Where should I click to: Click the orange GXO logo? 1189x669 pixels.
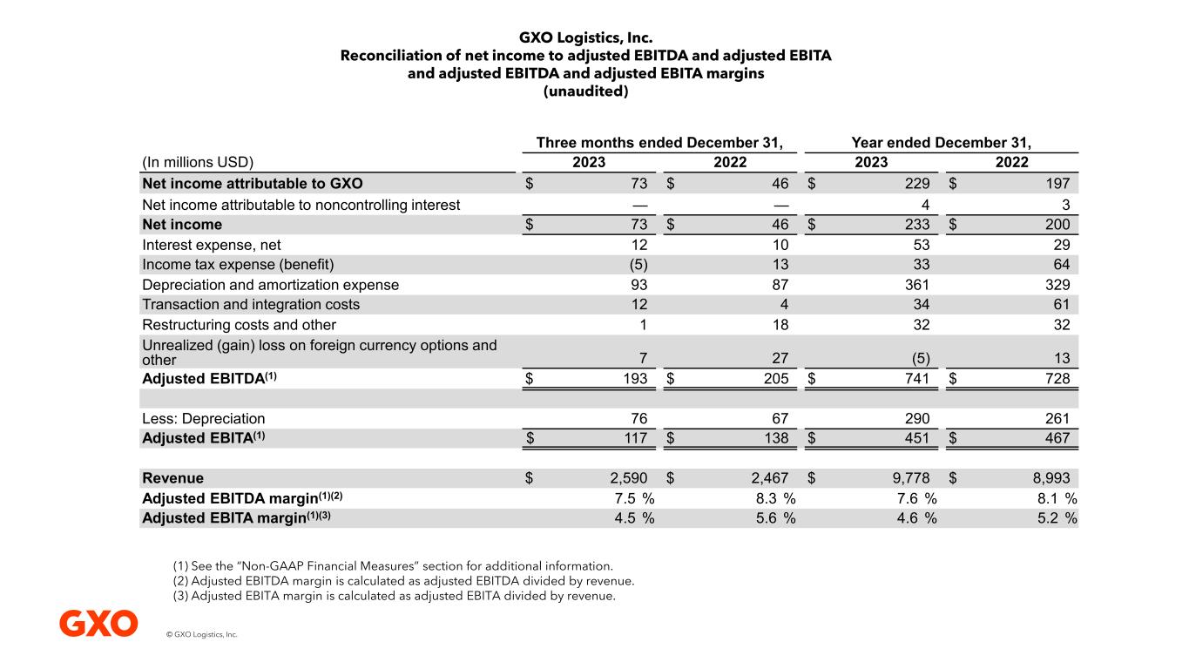click(x=98, y=624)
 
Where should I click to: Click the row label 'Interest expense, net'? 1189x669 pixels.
click(x=212, y=245)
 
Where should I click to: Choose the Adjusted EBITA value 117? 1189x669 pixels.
click(x=635, y=438)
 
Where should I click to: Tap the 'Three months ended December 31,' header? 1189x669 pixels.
click(x=659, y=143)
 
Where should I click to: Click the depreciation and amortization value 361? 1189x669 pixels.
click(x=916, y=285)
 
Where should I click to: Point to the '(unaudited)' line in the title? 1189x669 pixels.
click(x=585, y=91)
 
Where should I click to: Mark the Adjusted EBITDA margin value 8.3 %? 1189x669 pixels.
click(x=775, y=498)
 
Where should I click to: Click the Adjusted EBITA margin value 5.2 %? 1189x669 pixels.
click(x=1057, y=518)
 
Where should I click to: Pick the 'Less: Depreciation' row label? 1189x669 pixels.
click(x=204, y=418)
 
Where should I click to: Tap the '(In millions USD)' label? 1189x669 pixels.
click(x=198, y=162)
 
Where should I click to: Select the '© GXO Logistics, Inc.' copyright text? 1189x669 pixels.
click(x=201, y=635)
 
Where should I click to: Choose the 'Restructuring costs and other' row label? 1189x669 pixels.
click(x=239, y=325)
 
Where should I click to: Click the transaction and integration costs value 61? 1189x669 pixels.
click(x=1059, y=305)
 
